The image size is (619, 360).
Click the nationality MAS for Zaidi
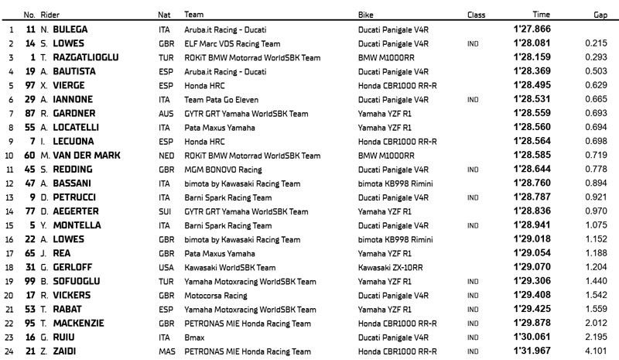click(x=166, y=350)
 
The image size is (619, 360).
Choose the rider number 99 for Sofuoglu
click(x=32, y=280)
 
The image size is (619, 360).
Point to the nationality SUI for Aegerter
click(x=164, y=211)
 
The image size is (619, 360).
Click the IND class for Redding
click(x=473, y=169)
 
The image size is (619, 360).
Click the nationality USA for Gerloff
click(x=165, y=266)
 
